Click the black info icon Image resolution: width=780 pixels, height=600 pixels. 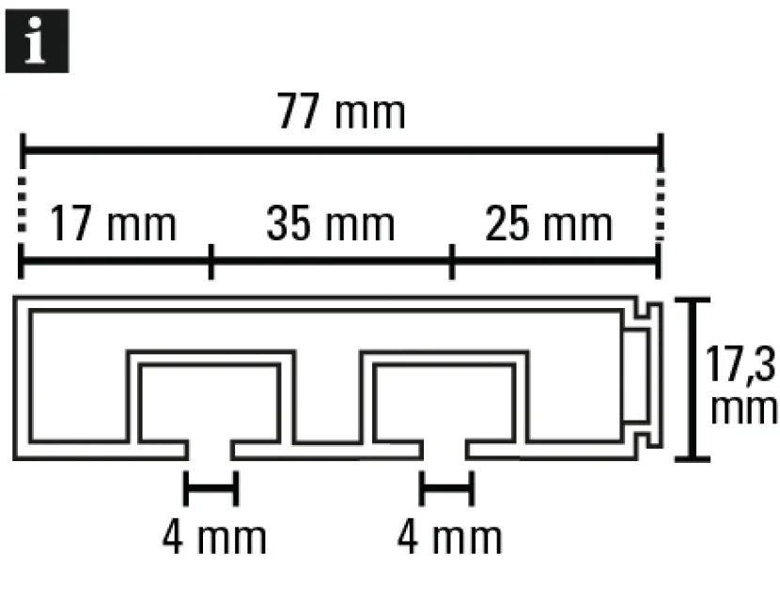click(x=38, y=40)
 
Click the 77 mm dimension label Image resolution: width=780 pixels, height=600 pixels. click(x=341, y=112)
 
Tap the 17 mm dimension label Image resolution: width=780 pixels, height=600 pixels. click(x=114, y=223)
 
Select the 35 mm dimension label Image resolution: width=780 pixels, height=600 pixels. click(x=331, y=223)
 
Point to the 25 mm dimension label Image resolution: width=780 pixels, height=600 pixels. click(x=548, y=223)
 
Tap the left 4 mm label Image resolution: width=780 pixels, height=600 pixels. click(x=214, y=537)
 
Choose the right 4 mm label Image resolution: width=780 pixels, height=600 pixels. click(x=450, y=537)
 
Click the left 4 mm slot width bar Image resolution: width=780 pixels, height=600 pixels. click(x=211, y=488)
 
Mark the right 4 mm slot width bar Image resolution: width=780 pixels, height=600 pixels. click(x=447, y=488)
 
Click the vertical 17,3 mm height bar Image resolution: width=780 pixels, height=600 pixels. click(x=692, y=379)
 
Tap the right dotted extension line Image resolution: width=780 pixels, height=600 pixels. click(x=660, y=208)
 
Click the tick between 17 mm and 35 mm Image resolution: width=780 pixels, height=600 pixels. click(x=211, y=262)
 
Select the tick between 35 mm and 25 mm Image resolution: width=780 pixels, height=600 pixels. click(x=452, y=262)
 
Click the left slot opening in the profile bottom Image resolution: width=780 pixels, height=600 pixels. click(x=210, y=450)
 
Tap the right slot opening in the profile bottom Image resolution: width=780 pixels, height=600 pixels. click(x=445, y=450)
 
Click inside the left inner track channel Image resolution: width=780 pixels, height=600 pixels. click(x=209, y=402)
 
